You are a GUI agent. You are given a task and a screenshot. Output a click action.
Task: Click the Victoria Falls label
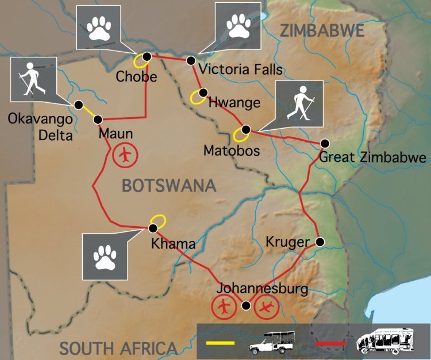tap(240, 71)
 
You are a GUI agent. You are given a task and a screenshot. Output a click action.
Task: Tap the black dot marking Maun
tap(98, 119)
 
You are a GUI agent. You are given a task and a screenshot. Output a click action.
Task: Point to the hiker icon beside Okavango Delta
tap(33, 79)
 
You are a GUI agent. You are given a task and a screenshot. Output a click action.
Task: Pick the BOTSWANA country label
tap(168, 185)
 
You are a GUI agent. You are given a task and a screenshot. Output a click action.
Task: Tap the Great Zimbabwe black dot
tap(325, 143)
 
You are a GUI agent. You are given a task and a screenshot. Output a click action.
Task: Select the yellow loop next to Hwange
tap(197, 98)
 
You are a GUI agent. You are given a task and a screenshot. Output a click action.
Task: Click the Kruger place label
tap(287, 242)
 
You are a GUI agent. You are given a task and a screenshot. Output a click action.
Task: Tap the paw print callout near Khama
tap(106, 256)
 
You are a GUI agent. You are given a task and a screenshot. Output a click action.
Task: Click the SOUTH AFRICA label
tap(118, 348)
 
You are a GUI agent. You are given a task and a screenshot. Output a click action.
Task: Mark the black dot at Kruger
tap(320, 242)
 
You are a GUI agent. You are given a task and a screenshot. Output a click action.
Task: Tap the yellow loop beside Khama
tap(157, 220)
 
